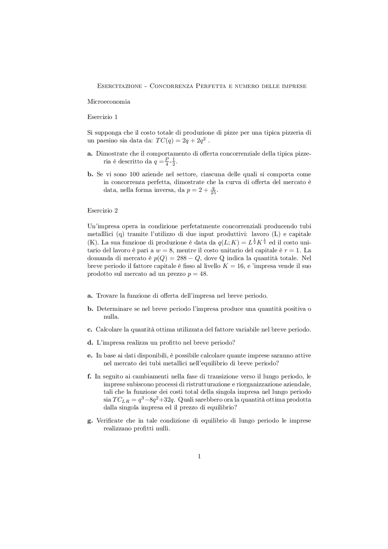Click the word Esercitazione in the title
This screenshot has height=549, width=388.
(x=119, y=86)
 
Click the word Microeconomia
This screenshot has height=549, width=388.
(x=109, y=102)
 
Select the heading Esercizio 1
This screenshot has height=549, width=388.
(x=102, y=117)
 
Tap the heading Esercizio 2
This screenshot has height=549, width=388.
(x=102, y=211)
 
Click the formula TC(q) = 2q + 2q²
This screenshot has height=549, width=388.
(x=181, y=141)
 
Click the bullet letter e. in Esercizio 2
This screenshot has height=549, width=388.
(x=90, y=356)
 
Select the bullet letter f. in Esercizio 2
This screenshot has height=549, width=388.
(x=89, y=377)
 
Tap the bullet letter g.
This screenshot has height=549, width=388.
(x=90, y=421)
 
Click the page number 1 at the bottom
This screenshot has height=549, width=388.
(x=199, y=456)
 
